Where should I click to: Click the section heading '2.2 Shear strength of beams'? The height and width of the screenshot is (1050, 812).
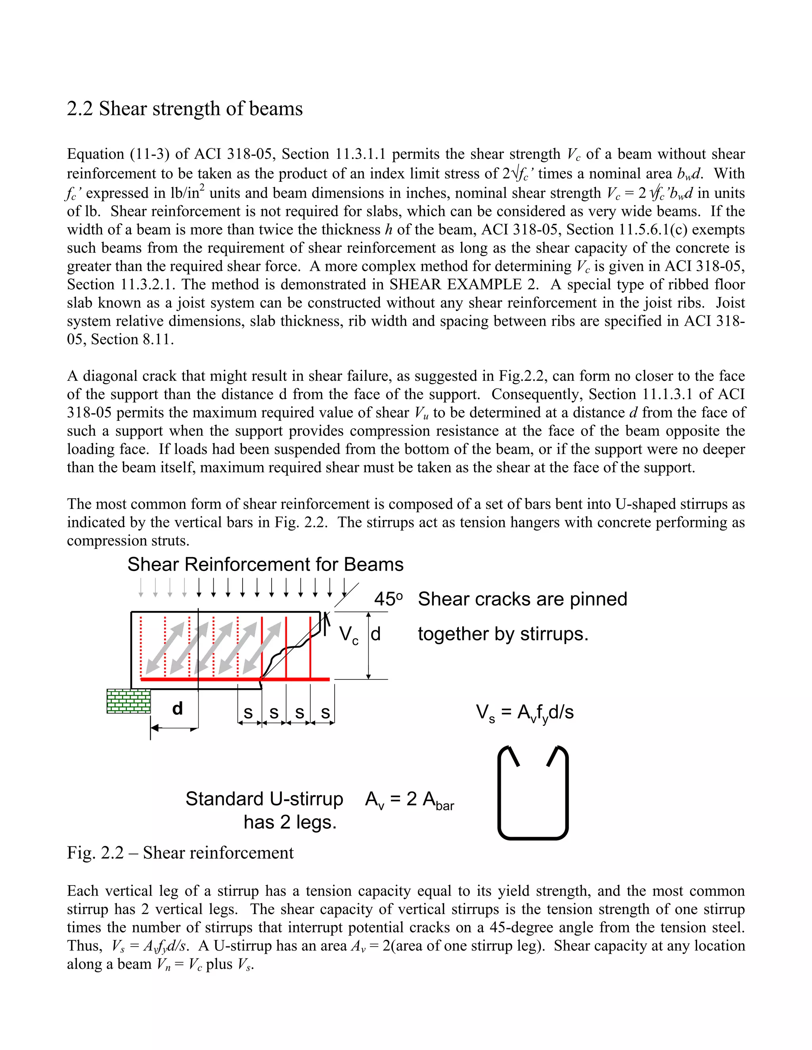[x=185, y=109]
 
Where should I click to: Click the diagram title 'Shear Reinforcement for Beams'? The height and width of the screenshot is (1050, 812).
[x=265, y=564]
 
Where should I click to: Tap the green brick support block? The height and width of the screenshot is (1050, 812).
[x=128, y=701]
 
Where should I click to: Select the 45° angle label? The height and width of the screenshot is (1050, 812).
[x=388, y=599]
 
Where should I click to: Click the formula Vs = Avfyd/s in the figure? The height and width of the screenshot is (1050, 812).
[x=525, y=712]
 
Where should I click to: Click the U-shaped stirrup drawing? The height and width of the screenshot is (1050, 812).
[x=533, y=793]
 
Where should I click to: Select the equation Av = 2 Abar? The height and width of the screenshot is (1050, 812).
[x=409, y=800]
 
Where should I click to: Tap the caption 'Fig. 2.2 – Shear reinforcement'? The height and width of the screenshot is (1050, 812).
[x=180, y=853]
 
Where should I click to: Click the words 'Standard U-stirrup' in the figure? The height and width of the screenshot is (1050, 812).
[x=264, y=799]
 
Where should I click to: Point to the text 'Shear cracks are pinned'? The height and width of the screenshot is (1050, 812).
[x=523, y=599]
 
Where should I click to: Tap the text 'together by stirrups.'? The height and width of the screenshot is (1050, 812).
[x=503, y=634]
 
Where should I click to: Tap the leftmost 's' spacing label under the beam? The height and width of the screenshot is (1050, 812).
[x=248, y=712]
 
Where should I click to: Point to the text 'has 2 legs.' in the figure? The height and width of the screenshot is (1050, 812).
[x=290, y=823]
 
